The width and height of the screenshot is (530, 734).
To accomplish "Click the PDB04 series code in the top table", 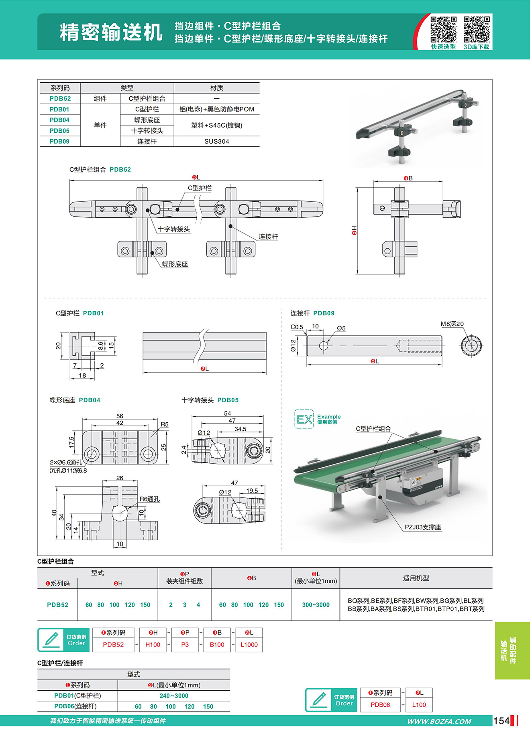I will coord(59,120).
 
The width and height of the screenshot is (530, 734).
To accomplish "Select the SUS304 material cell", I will coord(216,141).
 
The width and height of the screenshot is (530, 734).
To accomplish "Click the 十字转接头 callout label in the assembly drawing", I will coord(173,229).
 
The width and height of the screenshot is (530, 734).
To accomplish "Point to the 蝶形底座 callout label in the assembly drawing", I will coord(175,264).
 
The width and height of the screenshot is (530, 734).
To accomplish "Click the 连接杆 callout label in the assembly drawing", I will coord(268,237).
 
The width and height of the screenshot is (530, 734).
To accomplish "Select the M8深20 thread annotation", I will coord(452,324).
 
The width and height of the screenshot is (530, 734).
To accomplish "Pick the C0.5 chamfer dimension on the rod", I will coord(297,327).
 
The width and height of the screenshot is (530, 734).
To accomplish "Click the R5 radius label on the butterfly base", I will coord(165,424).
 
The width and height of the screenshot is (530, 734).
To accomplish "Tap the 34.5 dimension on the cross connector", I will coord(240,429).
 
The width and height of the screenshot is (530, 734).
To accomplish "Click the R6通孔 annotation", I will coord(149,499).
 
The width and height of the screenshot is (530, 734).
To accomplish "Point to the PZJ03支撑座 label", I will coord(423,527).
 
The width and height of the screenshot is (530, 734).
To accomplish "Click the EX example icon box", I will coord(304,419).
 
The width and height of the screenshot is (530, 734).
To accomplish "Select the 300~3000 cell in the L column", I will coord(316,605).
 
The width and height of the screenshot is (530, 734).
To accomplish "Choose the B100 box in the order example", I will coord(217,645).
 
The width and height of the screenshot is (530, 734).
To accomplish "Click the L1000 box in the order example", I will coord(249,645).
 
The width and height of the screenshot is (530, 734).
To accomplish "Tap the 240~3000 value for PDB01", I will coord(174,696).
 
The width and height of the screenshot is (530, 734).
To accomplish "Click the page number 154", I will coord(501,721).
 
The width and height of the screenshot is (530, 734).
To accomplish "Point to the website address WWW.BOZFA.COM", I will coord(439,722).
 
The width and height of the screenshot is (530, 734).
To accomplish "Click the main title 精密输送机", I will coord(111,32).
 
